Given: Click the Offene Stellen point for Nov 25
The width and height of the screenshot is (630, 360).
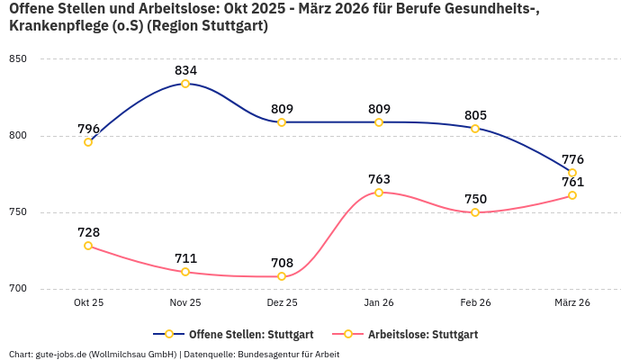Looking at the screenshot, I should [185, 84].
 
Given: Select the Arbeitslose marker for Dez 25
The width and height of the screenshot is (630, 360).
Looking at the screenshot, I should [282, 276].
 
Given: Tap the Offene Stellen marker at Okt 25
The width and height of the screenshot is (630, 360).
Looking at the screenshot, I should [88, 142].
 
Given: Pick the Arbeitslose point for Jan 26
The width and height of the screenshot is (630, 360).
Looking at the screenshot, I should [379, 193].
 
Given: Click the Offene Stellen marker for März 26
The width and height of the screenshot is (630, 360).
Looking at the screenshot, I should [572, 173].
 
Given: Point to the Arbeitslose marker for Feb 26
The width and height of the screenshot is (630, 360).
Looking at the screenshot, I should [475, 212].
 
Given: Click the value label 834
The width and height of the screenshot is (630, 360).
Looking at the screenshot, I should [185, 70].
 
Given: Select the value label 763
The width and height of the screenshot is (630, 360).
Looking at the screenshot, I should [379, 179].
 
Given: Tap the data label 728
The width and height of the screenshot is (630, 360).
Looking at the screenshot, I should [88, 232].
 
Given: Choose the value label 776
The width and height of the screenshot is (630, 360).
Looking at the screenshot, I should [572, 159].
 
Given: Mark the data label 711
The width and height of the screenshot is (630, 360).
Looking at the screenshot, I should [185, 258].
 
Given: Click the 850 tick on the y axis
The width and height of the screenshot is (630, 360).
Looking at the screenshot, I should [18, 59].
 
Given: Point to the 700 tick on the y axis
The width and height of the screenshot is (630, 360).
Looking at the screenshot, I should [18, 289].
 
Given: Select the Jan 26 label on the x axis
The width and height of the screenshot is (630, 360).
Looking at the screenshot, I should [379, 303].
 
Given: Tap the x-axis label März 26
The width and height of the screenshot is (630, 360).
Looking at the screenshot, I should [572, 303].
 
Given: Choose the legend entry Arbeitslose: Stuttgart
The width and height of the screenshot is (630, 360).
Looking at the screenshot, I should [422, 334].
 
